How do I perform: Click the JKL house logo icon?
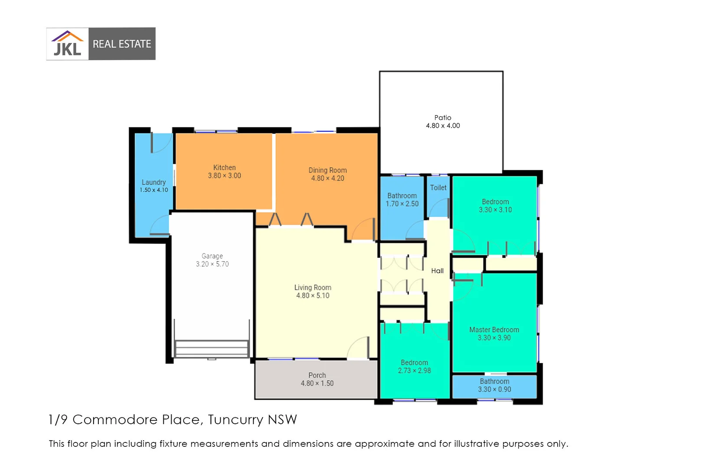tap(68, 44)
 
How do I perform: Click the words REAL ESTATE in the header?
tap(122, 44)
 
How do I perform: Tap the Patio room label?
tap(442, 117)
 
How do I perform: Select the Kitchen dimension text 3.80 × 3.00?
tap(224, 175)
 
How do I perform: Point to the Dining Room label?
tap(327, 170)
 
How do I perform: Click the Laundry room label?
tap(153, 182)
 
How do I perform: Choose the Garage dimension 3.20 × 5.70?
tap(212, 264)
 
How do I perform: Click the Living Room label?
tap(312, 287)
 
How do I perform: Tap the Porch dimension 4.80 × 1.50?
tap(317, 383)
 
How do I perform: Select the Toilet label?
tap(438, 188)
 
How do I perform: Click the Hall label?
tap(437, 271)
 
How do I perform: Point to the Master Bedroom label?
tap(494, 330)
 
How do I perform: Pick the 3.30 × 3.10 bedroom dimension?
tap(495, 210)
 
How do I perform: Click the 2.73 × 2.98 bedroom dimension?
tap(414, 370)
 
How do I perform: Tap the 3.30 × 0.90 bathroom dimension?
tap(494, 389)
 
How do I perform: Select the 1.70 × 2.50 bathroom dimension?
tap(402, 204)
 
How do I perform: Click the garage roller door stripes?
tap(211, 348)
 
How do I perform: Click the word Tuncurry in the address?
tap(235, 419)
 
